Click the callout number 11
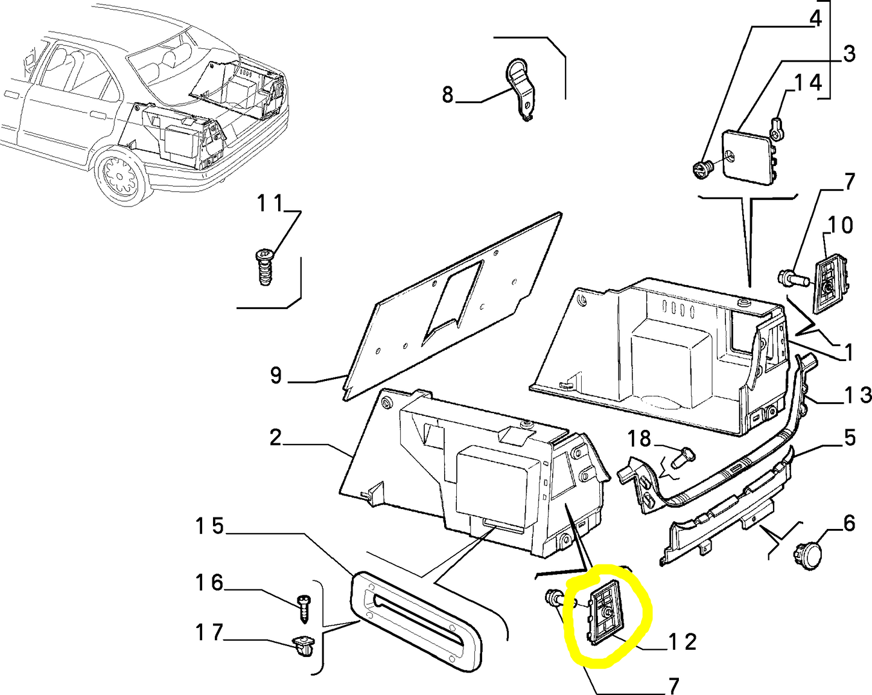(x=270, y=204)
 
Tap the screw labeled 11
(x=264, y=267)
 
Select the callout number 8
(x=447, y=95)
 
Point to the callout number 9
(x=276, y=376)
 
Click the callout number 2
(x=275, y=437)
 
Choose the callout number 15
(x=209, y=526)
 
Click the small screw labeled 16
(x=304, y=608)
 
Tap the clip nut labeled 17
(x=302, y=647)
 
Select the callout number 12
(x=683, y=641)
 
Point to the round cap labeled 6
(x=808, y=554)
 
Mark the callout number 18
(x=639, y=438)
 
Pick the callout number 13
(x=858, y=395)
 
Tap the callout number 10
(x=840, y=225)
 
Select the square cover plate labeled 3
(x=746, y=156)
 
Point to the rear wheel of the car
(x=121, y=175)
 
